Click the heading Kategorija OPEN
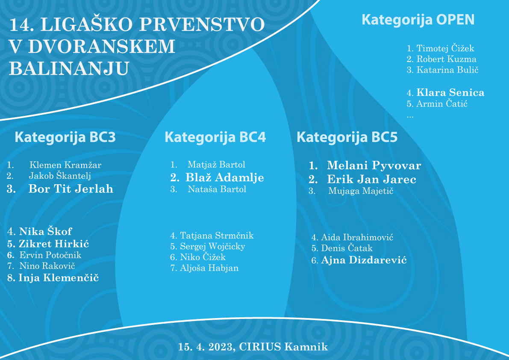(x=418, y=20)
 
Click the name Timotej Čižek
(x=445, y=48)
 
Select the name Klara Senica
(x=450, y=92)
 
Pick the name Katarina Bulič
(x=447, y=70)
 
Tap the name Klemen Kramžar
(x=65, y=165)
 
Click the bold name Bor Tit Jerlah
(x=71, y=189)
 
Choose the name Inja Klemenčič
(x=59, y=278)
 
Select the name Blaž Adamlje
(x=225, y=177)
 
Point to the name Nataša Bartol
(x=217, y=189)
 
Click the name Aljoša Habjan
(x=209, y=268)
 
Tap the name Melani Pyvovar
(x=374, y=165)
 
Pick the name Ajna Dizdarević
(x=364, y=260)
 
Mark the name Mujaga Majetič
(x=361, y=191)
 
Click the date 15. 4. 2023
(x=206, y=347)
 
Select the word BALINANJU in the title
(x=69, y=68)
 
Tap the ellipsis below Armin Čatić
(x=410, y=117)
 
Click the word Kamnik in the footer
(x=306, y=347)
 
